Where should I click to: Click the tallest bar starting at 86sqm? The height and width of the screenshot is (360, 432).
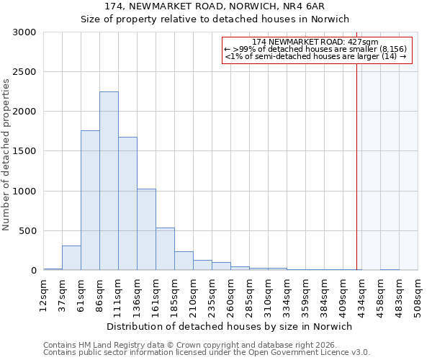109,181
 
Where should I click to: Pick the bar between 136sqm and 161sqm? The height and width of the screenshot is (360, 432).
146,229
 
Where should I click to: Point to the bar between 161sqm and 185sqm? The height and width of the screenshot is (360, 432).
165,248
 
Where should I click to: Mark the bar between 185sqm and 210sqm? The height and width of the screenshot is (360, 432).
184,261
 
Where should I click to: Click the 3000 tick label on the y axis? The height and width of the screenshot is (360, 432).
24,32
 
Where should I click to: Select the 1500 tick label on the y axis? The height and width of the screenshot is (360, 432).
24,151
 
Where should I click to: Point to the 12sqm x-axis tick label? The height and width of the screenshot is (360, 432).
43,294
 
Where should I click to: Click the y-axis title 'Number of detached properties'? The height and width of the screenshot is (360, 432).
6,155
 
